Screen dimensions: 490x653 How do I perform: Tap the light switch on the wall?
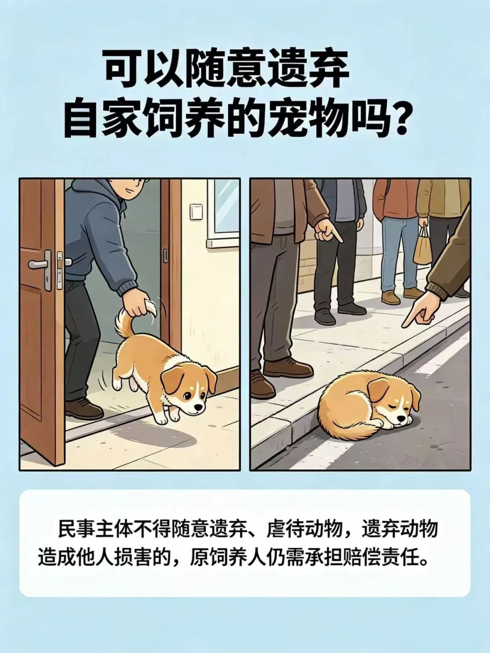pyautogui.click(x=196, y=211)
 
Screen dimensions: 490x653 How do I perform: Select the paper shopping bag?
pyautogui.click(x=422, y=248)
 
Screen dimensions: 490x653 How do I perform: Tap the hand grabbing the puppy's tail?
pyautogui.click(x=140, y=305)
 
